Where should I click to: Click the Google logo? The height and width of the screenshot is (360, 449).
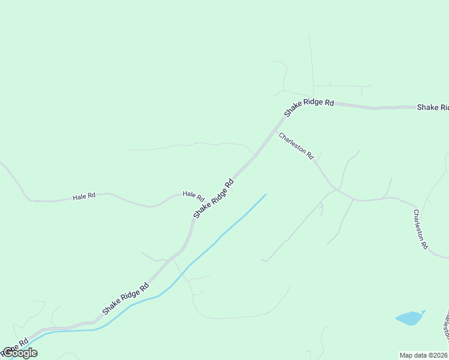20,353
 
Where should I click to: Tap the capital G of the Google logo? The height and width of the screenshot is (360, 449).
7,353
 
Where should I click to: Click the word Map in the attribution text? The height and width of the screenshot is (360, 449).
407,355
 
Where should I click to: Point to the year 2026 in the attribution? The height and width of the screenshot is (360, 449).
440,355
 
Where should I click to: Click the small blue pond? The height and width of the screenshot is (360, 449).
408,318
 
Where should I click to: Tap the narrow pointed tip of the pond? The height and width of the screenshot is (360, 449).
424,311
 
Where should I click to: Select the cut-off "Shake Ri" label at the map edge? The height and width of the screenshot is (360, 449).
433,107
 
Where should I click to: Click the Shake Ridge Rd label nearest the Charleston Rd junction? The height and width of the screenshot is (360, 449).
309,106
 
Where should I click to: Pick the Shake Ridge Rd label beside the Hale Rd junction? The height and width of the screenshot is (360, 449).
213,198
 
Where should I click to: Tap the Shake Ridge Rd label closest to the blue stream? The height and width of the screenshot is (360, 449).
125,299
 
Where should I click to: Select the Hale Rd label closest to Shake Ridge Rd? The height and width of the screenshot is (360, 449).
193,196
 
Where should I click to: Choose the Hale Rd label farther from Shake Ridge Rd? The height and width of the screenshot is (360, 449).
84,196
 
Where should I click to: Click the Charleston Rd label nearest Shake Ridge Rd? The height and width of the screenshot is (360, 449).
296,146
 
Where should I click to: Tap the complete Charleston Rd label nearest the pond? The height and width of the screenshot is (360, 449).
420,229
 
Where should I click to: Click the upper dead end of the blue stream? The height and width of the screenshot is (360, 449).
265,194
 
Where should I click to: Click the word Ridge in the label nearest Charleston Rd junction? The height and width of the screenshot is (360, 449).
309,106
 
